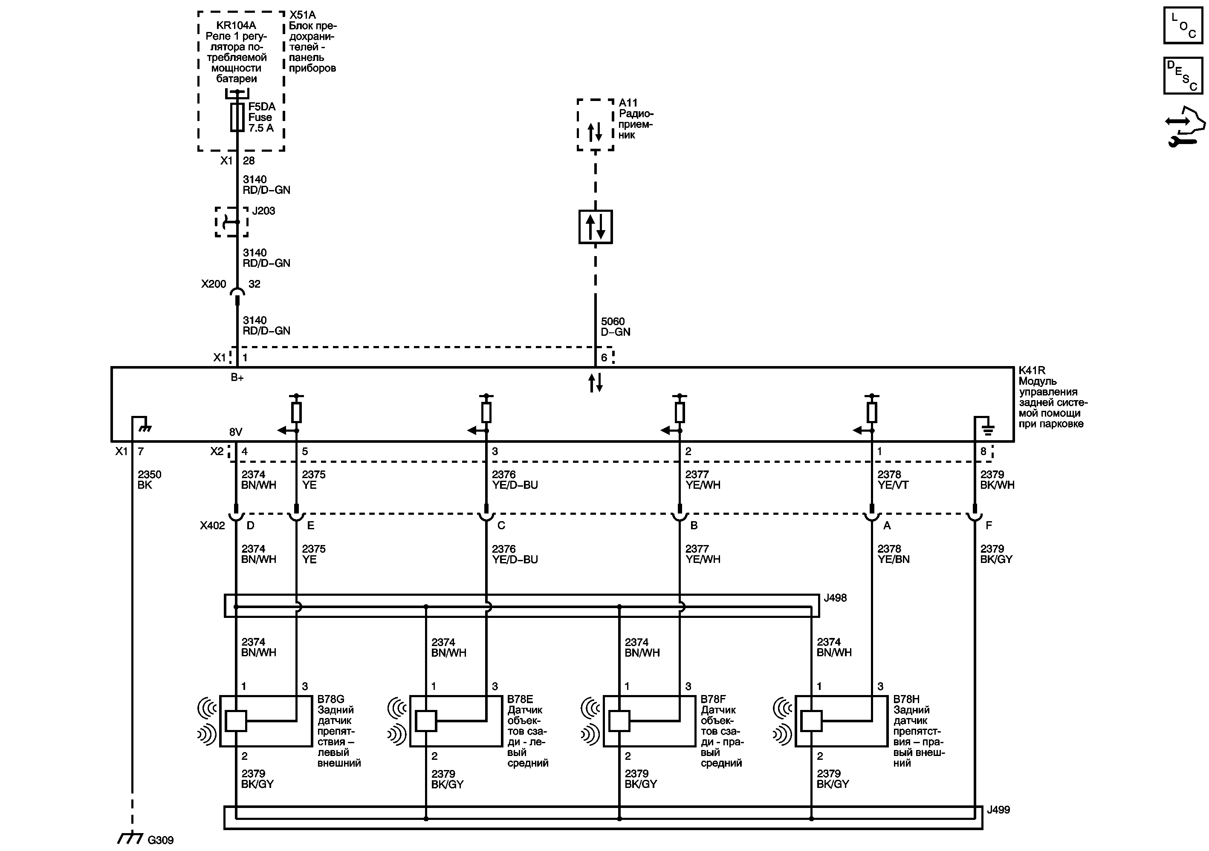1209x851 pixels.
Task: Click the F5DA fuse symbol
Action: tap(237, 117)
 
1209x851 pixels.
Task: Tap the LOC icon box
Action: tap(1183, 25)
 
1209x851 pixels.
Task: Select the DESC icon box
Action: tap(1183, 76)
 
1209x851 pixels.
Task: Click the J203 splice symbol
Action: tap(231, 222)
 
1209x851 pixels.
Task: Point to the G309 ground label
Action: tap(160, 840)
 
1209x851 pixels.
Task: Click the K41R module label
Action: tap(1032, 370)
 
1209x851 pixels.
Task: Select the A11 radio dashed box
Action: tap(595, 125)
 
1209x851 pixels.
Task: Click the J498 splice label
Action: tap(835, 598)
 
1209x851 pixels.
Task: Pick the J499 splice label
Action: tap(998, 810)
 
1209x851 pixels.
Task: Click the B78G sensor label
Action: tap(330, 699)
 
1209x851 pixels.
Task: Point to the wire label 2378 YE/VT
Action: tap(893, 479)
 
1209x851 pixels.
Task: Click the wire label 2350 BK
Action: tap(149, 479)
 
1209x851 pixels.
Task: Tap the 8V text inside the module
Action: tap(235, 432)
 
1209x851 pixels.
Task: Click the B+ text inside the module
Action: tap(237, 377)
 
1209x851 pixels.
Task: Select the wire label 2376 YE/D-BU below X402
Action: tap(515, 554)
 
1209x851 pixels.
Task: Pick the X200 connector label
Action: tap(213, 284)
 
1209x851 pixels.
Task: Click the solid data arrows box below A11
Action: tap(595, 227)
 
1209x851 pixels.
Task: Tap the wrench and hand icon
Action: tap(1184, 127)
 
